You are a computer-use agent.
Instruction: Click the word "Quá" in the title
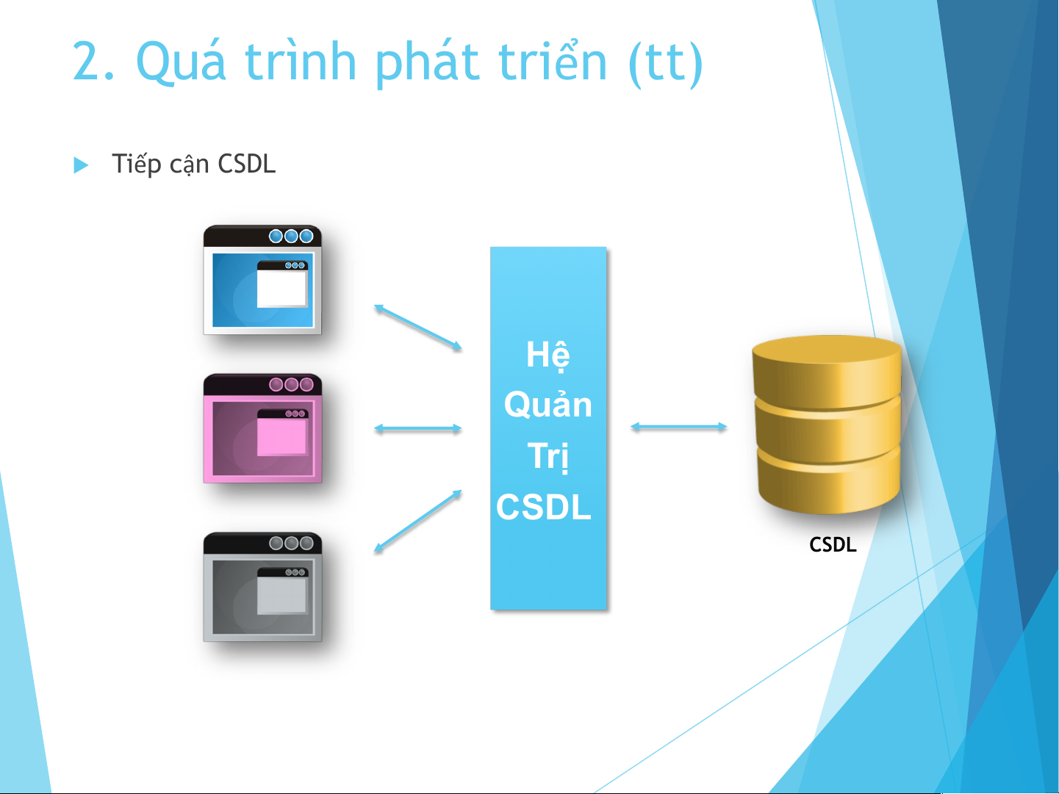pyautogui.click(x=181, y=62)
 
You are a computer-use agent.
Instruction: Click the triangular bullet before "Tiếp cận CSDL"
pyautogui.click(x=81, y=165)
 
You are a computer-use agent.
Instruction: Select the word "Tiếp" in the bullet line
pyautogui.click(x=136, y=165)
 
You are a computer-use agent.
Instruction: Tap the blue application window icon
pyautogui.click(x=262, y=280)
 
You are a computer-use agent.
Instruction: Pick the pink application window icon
pyautogui.click(x=262, y=428)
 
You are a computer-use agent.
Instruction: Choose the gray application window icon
pyautogui.click(x=262, y=587)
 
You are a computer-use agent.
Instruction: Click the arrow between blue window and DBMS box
pyautogui.click(x=418, y=326)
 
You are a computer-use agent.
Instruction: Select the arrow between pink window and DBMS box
pyautogui.click(x=418, y=428)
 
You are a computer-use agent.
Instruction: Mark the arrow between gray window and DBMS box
pyautogui.click(x=418, y=521)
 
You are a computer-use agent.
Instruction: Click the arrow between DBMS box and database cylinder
pyautogui.click(x=678, y=427)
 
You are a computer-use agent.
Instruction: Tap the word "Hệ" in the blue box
pyautogui.click(x=548, y=356)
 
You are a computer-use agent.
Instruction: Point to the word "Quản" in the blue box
pyautogui.click(x=548, y=404)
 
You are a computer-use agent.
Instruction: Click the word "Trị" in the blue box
pyautogui.click(x=548, y=456)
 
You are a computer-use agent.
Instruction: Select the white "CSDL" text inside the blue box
pyautogui.click(x=544, y=507)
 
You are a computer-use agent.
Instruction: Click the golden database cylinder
pyautogui.click(x=827, y=425)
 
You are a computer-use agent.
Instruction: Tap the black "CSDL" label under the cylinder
pyautogui.click(x=833, y=545)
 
